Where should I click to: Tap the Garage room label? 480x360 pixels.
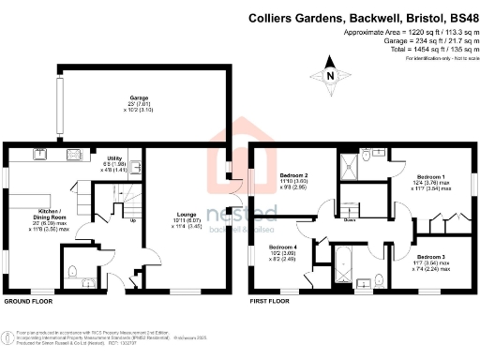[139, 97]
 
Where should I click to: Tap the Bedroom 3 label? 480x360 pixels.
[430, 256]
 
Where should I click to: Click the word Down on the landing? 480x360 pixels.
[349, 221]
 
